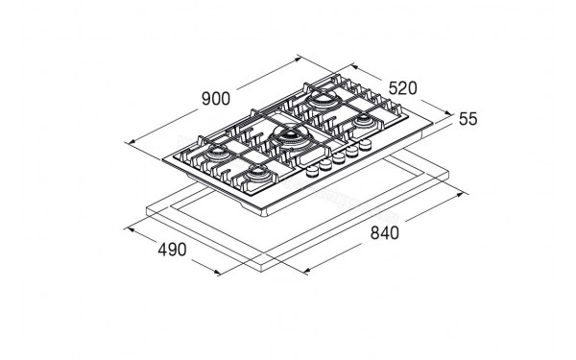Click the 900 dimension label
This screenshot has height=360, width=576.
pyautogui.click(x=216, y=99)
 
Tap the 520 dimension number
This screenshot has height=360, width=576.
pyautogui.click(x=402, y=88)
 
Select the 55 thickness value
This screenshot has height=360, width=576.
pyautogui.click(x=468, y=119)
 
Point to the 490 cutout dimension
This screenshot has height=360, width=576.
pyautogui.click(x=172, y=250)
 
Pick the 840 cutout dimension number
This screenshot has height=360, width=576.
pyautogui.click(x=384, y=233)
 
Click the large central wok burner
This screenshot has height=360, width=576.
pyautogui.click(x=291, y=136)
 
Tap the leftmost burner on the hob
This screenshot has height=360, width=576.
pyautogui.click(x=217, y=152)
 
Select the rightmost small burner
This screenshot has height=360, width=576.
pyautogui.click(x=364, y=121)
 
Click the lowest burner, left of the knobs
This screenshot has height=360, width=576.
pyautogui.click(x=258, y=173)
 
